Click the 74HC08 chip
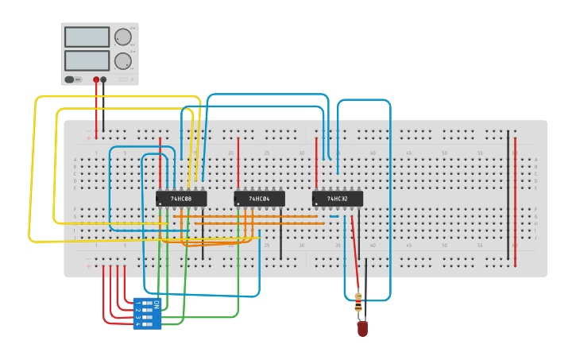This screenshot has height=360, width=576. click(x=181, y=199)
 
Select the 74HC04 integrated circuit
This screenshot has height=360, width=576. click(x=259, y=199)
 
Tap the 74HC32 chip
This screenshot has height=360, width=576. click(x=337, y=199)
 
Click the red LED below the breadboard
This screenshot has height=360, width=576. click(x=362, y=327)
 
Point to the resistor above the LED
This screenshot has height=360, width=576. click(x=358, y=302)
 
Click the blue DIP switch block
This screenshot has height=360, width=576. click(x=148, y=313)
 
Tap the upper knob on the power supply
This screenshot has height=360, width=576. click(x=122, y=37)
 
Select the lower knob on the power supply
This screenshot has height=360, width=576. click(x=122, y=61)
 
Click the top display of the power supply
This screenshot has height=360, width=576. click(x=87, y=37)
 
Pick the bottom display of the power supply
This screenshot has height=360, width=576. click(x=87, y=60)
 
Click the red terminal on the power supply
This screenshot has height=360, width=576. click(x=96, y=79)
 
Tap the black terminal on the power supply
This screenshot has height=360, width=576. click(x=103, y=79)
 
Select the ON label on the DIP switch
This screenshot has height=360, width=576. click(x=157, y=304)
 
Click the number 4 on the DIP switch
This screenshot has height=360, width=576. click(x=137, y=323)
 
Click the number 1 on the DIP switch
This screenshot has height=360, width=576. click(x=137, y=304)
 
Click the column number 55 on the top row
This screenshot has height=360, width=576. click(x=480, y=153)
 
